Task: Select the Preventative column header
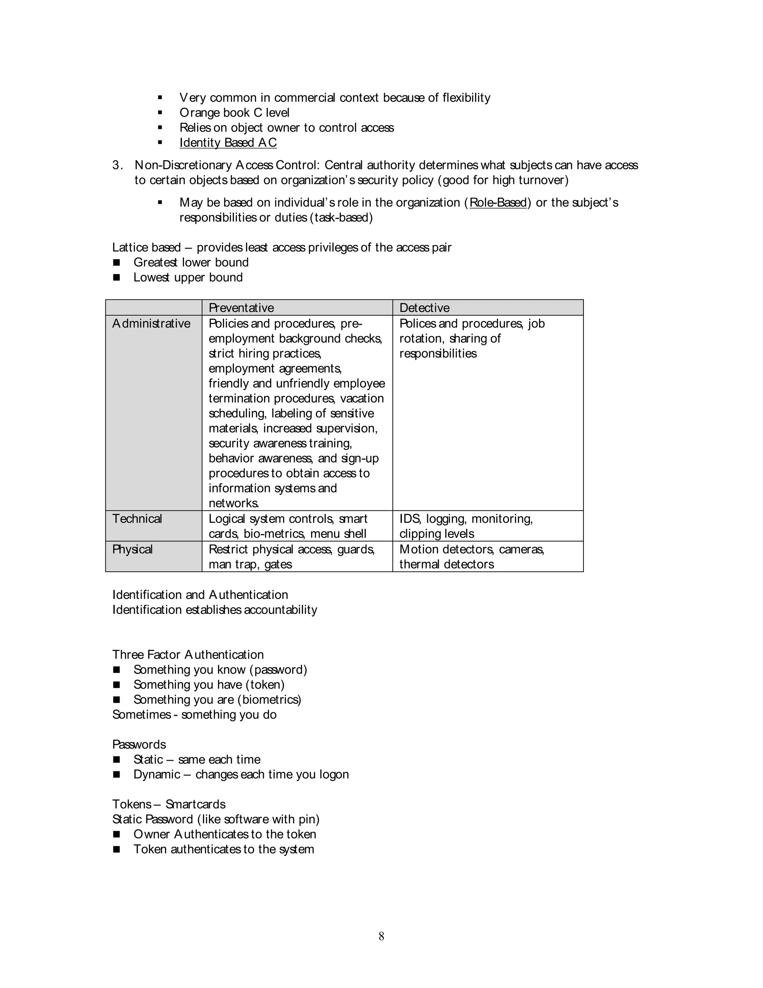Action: click(x=241, y=308)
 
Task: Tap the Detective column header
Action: click(x=424, y=308)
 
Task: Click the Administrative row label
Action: click(x=151, y=324)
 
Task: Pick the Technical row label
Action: click(x=137, y=519)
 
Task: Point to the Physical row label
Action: click(x=132, y=549)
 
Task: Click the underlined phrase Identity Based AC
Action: click(x=228, y=142)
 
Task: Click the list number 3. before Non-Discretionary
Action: click(x=117, y=165)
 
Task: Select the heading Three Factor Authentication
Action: click(x=188, y=655)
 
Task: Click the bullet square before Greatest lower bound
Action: click(x=117, y=262)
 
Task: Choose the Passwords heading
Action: click(x=139, y=744)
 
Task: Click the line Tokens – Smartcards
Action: click(x=169, y=804)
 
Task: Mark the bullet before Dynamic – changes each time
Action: click(x=117, y=774)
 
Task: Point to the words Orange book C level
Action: click(x=234, y=113)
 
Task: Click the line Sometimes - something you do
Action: click(x=194, y=714)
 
